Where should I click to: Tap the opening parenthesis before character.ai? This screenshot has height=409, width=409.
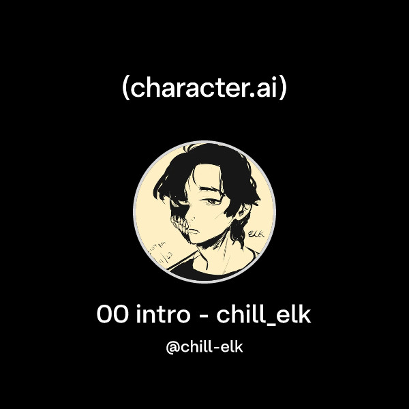coord(125,88)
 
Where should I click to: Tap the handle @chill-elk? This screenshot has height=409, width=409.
coord(204,347)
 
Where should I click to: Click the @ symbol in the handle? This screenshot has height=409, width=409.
coord(172,347)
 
